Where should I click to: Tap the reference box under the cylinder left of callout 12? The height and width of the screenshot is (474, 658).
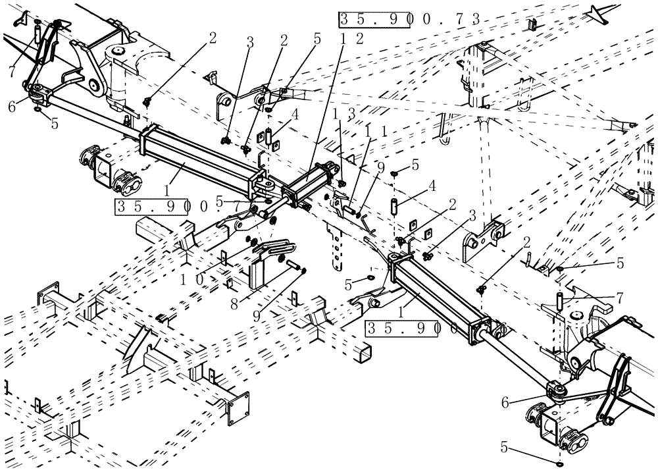click(x=157, y=207)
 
